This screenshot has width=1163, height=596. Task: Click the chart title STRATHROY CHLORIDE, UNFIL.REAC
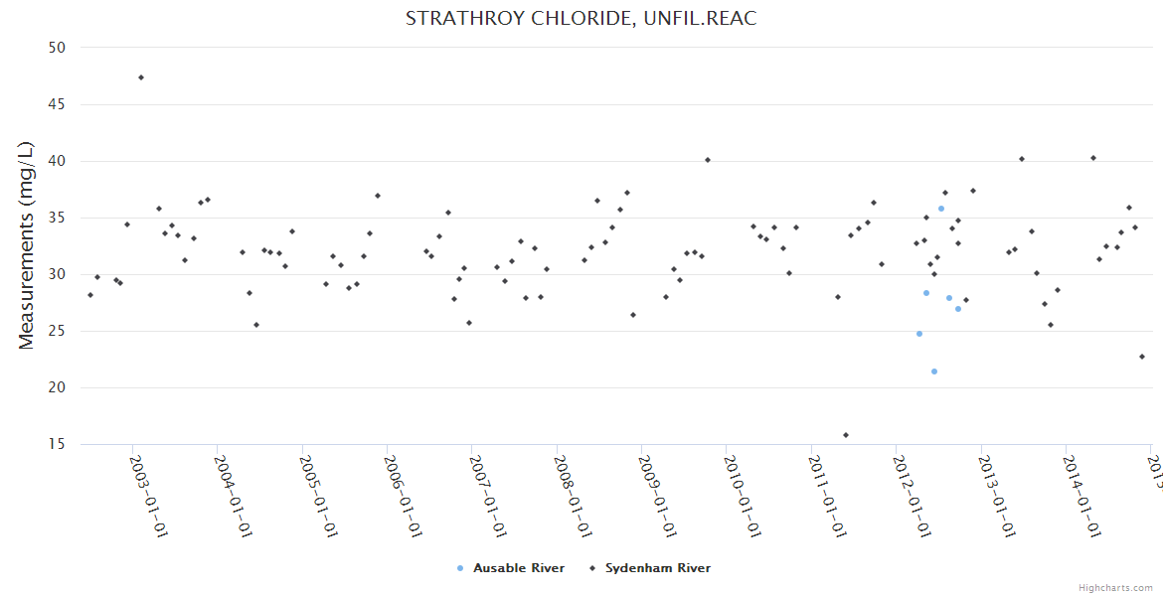[581, 19]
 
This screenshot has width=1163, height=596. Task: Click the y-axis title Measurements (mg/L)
[27, 245]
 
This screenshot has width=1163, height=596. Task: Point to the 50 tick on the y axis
[57, 48]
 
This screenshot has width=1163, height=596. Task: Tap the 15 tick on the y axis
[57, 444]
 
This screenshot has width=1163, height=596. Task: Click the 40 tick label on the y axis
[57, 161]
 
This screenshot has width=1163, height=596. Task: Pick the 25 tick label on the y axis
[57, 331]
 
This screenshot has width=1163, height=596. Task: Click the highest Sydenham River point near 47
[141, 77]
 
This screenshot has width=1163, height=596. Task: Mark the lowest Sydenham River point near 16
[846, 435]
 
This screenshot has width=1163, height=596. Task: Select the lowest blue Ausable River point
[934, 372]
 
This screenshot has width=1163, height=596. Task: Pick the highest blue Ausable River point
[941, 209]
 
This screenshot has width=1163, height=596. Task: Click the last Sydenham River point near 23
[1142, 357]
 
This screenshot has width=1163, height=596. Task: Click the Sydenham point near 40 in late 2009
[708, 160]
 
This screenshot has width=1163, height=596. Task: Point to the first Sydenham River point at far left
[90, 295]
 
